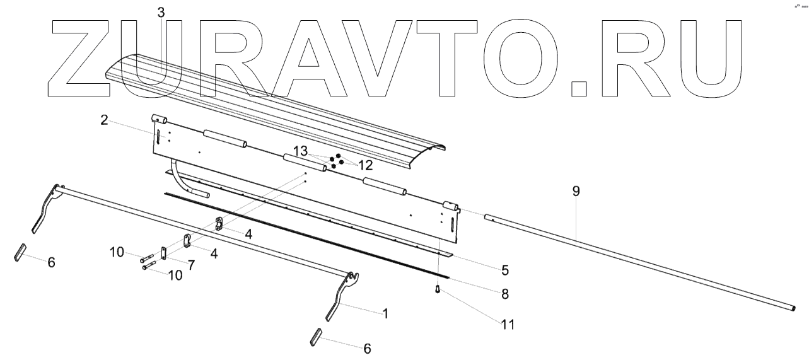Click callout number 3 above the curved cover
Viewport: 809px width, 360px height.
click(x=161, y=12)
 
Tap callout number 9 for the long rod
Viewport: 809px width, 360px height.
click(x=576, y=192)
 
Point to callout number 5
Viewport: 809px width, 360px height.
click(x=504, y=270)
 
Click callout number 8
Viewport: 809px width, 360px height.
click(x=504, y=294)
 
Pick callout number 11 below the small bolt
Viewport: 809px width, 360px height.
click(x=508, y=325)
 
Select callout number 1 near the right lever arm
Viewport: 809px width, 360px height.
click(x=385, y=313)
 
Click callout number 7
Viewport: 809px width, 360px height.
click(x=190, y=265)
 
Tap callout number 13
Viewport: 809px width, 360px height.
click(x=300, y=151)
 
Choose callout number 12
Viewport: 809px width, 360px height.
click(x=365, y=165)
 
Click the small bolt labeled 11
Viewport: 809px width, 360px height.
click(x=437, y=289)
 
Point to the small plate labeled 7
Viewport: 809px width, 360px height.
click(x=163, y=253)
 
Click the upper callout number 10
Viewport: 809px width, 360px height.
click(x=117, y=253)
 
